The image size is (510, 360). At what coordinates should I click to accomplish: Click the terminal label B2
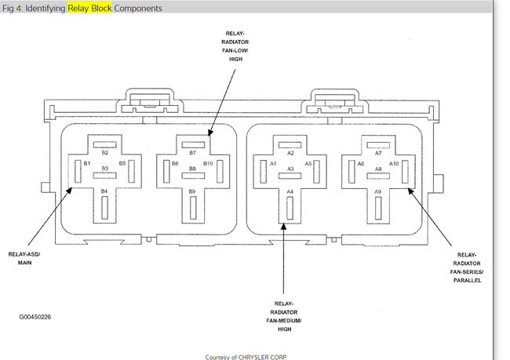tap(104, 153)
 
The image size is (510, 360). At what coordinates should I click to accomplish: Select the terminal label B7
tap(192, 153)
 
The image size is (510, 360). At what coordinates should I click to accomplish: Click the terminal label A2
tap(290, 153)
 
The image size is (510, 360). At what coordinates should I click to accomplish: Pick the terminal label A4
tap(290, 191)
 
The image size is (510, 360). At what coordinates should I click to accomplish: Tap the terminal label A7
tap(378, 153)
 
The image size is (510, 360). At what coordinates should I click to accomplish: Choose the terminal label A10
tap(394, 164)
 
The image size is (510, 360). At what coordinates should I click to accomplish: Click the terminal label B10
tap(208, 164)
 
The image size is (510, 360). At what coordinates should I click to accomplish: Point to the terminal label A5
tap(308, 164)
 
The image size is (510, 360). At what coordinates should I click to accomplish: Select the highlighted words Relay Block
tap(89, 8)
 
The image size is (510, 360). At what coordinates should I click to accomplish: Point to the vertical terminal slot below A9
tap(378, 207)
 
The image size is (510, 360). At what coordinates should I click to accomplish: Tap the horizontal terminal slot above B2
tap(104, 144)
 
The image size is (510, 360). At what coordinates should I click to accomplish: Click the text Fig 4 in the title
tap(13, 8)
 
